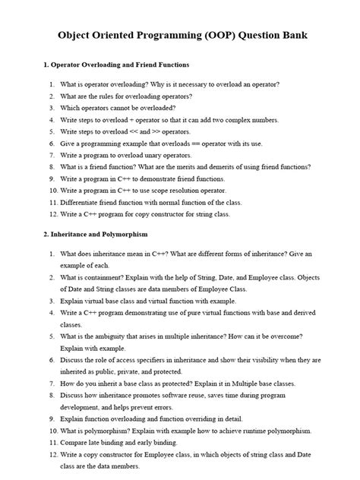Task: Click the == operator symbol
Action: [187, 144]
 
